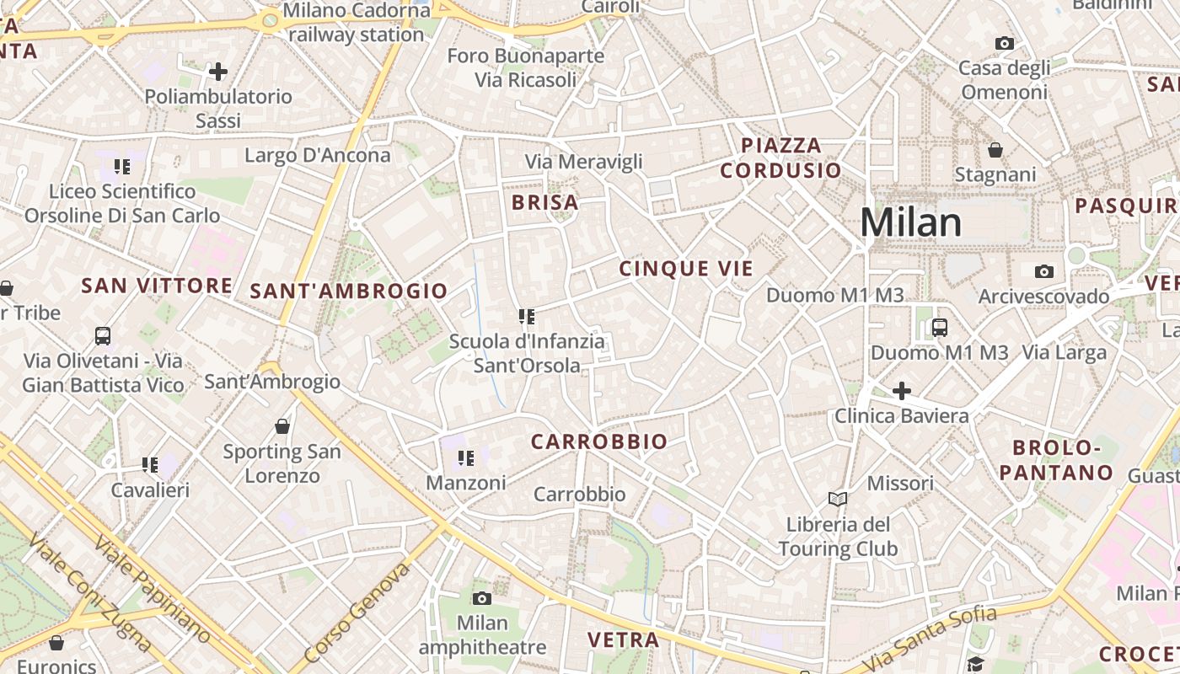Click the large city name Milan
tap(911, 222)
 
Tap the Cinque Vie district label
tap(686, 269)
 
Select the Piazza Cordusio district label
tap(780, 158)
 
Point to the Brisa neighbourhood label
tap(545, 202)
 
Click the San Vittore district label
tap(157, 286)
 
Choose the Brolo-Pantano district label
tap(1057, 460)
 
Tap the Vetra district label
tap(624, 639)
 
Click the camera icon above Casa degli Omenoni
tap(1004, 43)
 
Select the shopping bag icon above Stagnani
tap(995, 150)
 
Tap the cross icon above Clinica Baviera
tap(902, 390)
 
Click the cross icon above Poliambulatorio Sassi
tap(218, 72)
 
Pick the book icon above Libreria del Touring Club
tap(837, 499)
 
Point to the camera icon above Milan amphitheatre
tap(482, 598)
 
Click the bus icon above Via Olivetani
tap(103, 336)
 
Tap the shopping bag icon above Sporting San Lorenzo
tap(282, 426)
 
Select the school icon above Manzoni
tap(466, 458)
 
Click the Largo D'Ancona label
tap(318, 155)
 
